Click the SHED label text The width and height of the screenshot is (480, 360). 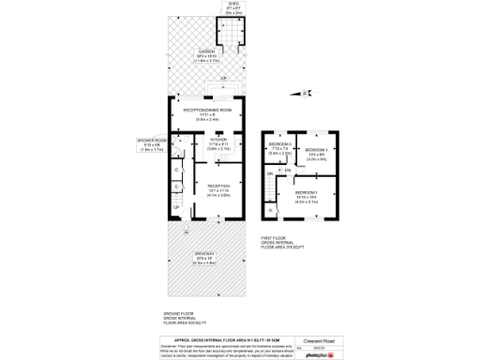232,4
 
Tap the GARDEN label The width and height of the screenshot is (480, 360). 206,51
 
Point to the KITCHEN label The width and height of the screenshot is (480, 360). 217,141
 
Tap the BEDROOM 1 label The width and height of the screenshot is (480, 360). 307,192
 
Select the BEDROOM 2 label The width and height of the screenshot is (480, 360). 315,149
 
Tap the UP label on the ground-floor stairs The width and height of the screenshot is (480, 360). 176,206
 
